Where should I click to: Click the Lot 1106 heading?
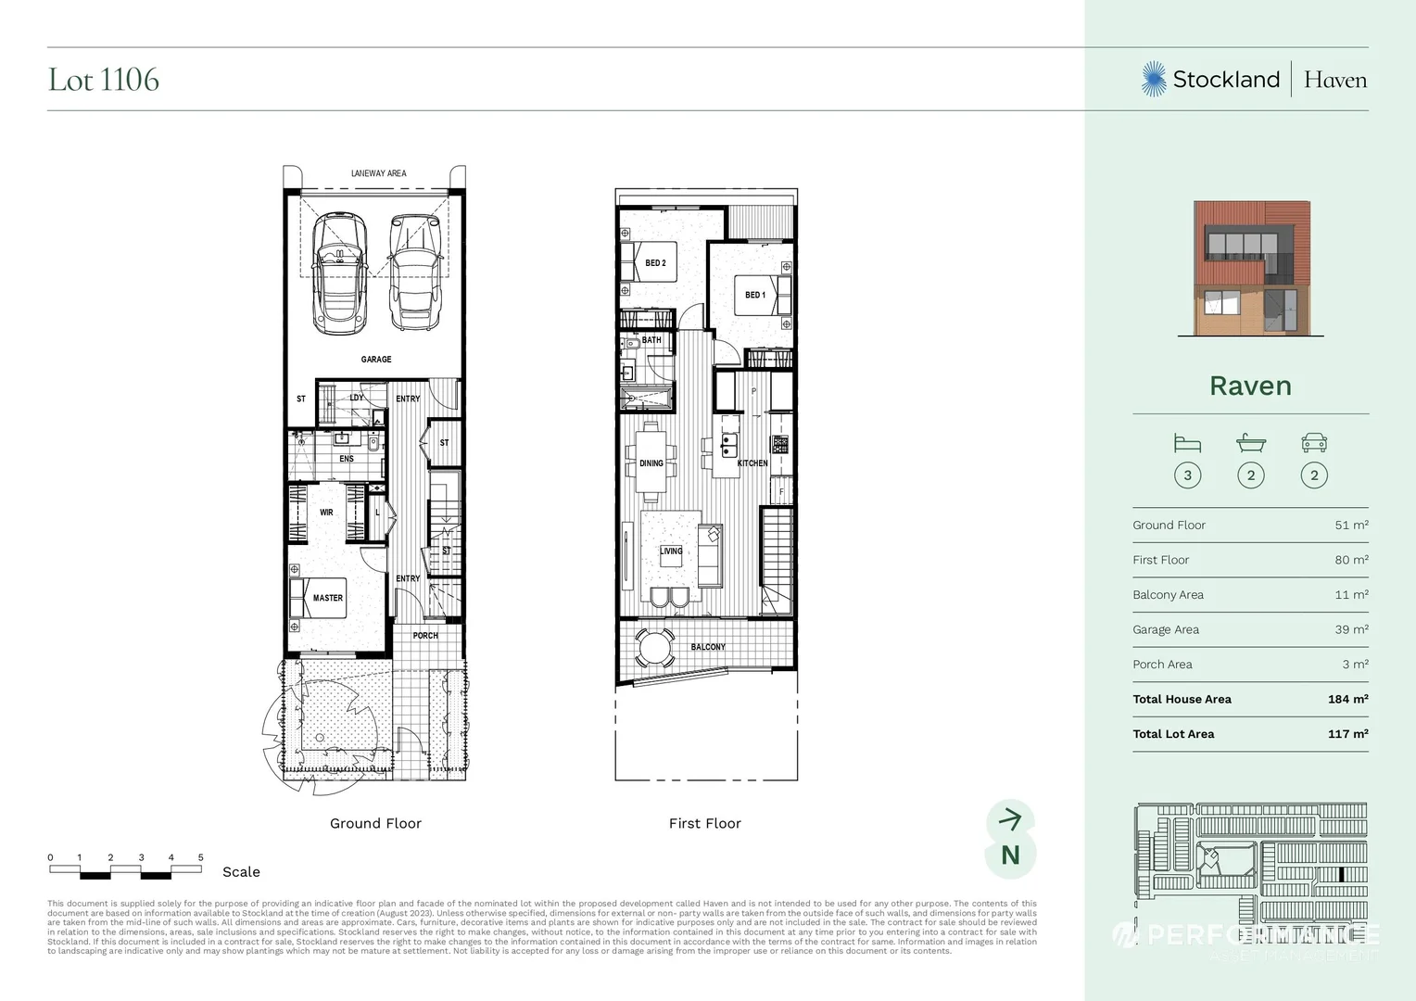(x=104, y=80)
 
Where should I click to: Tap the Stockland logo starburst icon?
(x=1154, y=80)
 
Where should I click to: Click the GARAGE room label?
(x=376, y=360)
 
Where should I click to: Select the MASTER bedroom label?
(x=328, y=598)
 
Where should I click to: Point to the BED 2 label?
(x=655, y=263)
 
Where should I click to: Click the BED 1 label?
(x=755, y=295)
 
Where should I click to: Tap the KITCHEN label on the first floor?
(x=752, y=463)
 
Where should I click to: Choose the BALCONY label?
(x=708, y=647)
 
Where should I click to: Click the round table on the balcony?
(x=657, y=647)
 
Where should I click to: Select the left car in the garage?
(x=339, y=272)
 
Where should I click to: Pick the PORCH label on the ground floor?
(x=425, y=636)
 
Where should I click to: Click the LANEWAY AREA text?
(x=378, y=173)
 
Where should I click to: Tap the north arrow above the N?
(x=1010, y=818)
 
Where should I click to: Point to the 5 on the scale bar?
(x=201, y=857)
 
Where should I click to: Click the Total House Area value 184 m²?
(x=1347, y=699)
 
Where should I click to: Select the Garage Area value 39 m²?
(x=1351, y=629)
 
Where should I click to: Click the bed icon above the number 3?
(x=1187, y=443)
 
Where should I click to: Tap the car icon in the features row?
(x=1314, y=443)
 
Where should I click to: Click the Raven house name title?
(x=1250, y=386)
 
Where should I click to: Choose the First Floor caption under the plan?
(x=704, y=823)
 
